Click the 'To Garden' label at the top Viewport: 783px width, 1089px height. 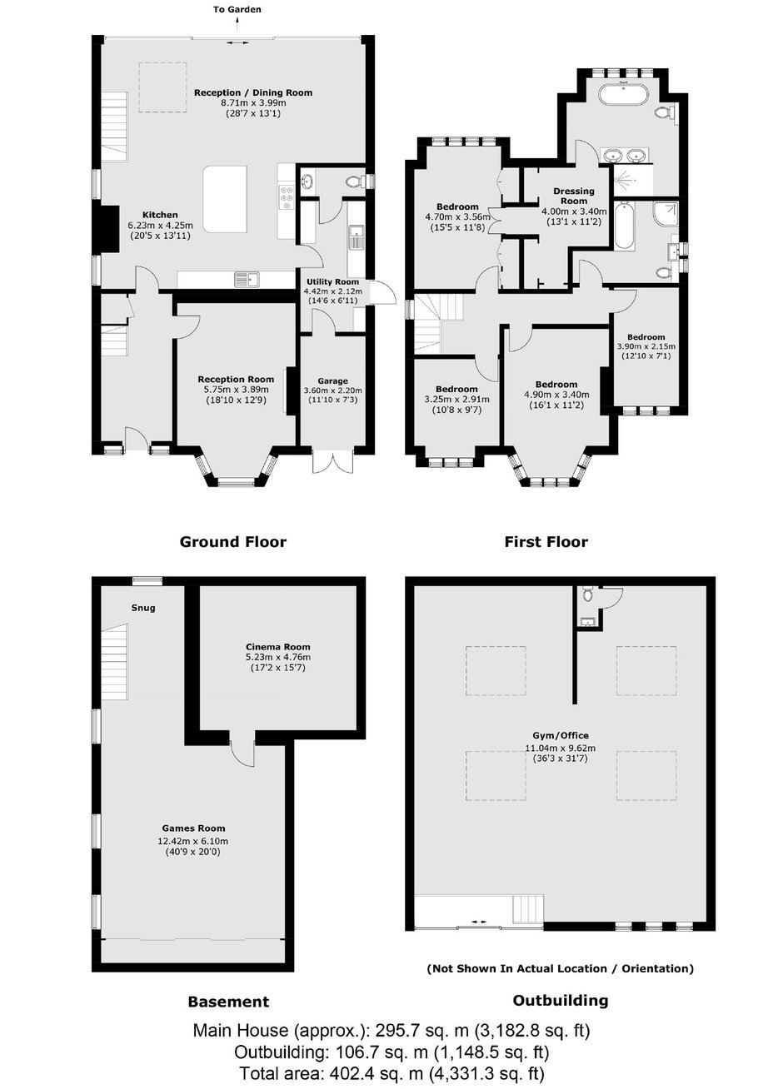point(237,9)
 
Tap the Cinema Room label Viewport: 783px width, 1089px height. point(277,647)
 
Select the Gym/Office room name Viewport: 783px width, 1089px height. point(560,735)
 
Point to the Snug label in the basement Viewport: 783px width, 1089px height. point(143,608)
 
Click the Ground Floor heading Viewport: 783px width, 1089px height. point(233,541)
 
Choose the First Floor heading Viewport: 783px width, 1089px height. point(546,541)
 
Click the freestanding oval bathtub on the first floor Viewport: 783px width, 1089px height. point(622,94)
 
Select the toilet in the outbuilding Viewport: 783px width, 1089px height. point(587,594)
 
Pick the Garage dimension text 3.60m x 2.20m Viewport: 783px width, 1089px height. point(332,390)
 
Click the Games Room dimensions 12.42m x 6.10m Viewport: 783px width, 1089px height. point(193,841)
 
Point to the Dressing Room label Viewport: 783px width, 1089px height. point(574,196)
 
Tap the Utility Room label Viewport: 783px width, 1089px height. point(332,281)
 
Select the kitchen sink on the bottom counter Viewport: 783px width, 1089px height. point(248,279)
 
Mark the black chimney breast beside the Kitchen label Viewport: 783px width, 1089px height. point(106,229)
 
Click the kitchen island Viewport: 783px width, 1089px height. point(225,198)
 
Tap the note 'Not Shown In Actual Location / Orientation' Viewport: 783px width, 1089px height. point(561,968)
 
